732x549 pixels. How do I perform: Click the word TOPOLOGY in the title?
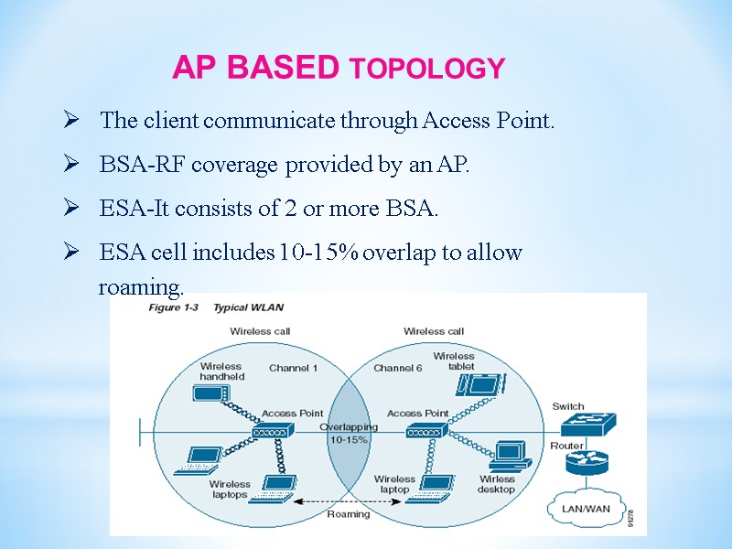[428, 69]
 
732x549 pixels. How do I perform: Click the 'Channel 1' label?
[293, 368]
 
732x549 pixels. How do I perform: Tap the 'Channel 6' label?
[398, 368]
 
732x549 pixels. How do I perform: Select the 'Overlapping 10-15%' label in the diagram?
[349, 433]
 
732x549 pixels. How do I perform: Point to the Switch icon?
[589, 425]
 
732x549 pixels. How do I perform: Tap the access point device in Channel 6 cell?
[424, 431]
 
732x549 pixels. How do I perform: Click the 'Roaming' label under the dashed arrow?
[349, 514]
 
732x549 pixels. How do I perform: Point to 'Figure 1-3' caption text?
[174, 307]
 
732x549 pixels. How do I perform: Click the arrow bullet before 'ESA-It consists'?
[70, 209]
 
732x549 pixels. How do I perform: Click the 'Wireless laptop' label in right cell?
[394, 484]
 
